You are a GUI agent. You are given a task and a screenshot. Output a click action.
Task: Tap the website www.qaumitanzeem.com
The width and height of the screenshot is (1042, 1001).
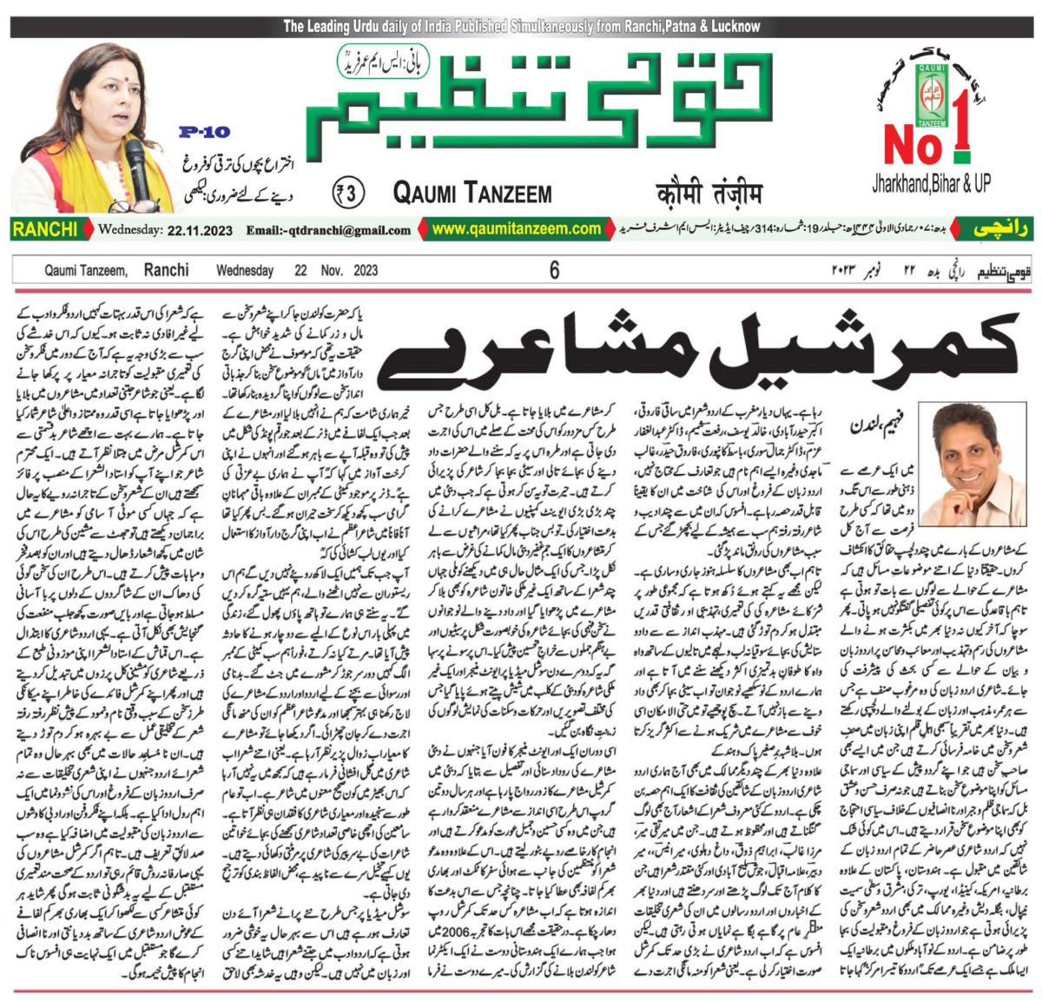coord(517,229)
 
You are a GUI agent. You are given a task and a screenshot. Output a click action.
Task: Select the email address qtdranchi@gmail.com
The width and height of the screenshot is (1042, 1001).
coord(328,231)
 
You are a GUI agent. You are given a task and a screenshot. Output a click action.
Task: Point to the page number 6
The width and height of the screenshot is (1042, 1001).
coord(554,271)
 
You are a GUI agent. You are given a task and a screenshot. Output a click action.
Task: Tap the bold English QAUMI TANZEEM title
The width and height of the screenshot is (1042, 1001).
coord(472,192)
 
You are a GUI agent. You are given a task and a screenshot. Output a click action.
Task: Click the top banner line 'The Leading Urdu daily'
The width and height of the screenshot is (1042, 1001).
coord(521,27)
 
